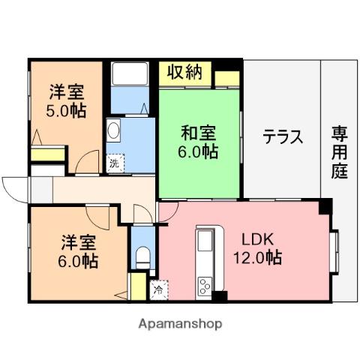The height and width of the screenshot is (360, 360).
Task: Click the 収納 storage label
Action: [x=184, y=73]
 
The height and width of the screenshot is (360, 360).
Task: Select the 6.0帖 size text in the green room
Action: [x=199, y=152]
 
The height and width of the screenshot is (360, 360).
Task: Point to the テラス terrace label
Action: [x=283, y=137]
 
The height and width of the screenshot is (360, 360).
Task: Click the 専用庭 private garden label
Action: [x=340, y=153]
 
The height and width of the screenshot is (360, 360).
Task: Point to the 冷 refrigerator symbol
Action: [x=159, y=287]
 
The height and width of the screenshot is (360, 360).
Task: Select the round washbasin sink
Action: [x=113, y=130]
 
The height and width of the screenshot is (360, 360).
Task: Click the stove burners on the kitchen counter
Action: [x=204, y=286]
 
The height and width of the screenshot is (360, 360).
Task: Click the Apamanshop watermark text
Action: [x=179, y=324]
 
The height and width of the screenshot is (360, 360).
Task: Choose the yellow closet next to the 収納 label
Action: [x=227, y=77]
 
